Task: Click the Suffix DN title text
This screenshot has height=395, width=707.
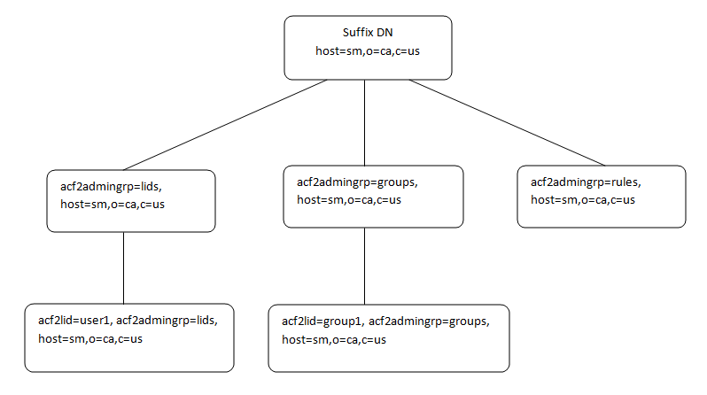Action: (x=367, y=33)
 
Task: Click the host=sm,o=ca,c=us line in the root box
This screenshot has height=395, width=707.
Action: (x=367, y=50)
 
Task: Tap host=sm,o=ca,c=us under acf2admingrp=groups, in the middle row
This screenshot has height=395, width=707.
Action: (x=348, y=200)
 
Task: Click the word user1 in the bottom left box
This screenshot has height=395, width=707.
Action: (x=95, y=321)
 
